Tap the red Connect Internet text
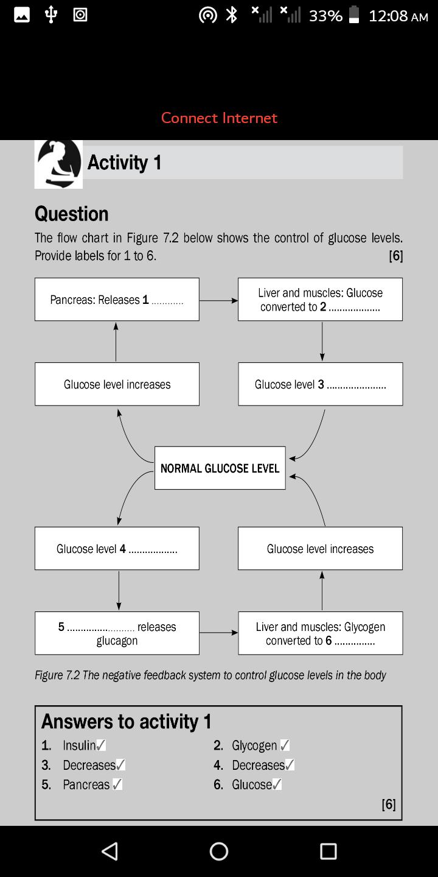click(x=219, y=118)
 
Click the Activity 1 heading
click(x=124, y=163)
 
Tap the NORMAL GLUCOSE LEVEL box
click(x=220, y=468)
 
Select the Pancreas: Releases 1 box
click(x=117, y=300)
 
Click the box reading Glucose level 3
click(x=320, y=384)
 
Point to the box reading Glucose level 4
click(x=117, y=549)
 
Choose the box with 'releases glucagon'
click(x=117, y=633)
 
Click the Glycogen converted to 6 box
click(x=320, y=633)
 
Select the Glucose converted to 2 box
click(x=320, y=300)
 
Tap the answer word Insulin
click(x=79, y=745)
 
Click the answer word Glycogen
click(x=254, y=745)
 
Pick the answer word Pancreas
click(x=86, y=784)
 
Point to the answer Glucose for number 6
click(x=252, y=784)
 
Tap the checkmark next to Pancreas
click(x=117, y=784)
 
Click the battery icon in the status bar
click(x=354, y=15)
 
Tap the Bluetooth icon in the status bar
click(x=232, y=15)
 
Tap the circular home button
click(x=219, y=851)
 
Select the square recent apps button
click(x=328, y=851)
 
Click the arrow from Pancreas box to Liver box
click(x=218, y=301)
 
